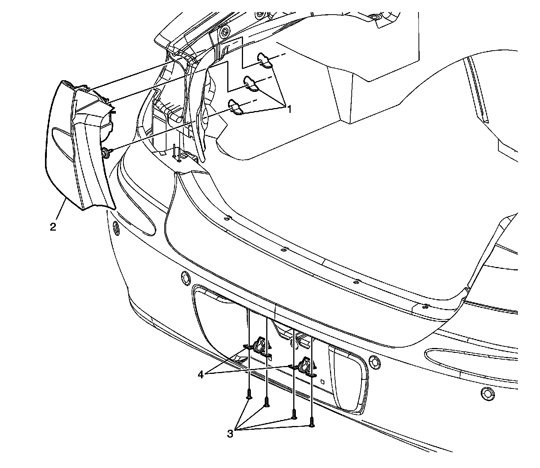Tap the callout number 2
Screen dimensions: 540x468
click(53, 226)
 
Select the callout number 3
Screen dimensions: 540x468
click(230, 434)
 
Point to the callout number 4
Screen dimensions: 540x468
click(201, 374)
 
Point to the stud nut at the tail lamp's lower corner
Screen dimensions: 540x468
click(105, 152)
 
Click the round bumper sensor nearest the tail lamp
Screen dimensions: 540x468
click(115, 227)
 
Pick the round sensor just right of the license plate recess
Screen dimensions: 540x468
click(374, 361)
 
